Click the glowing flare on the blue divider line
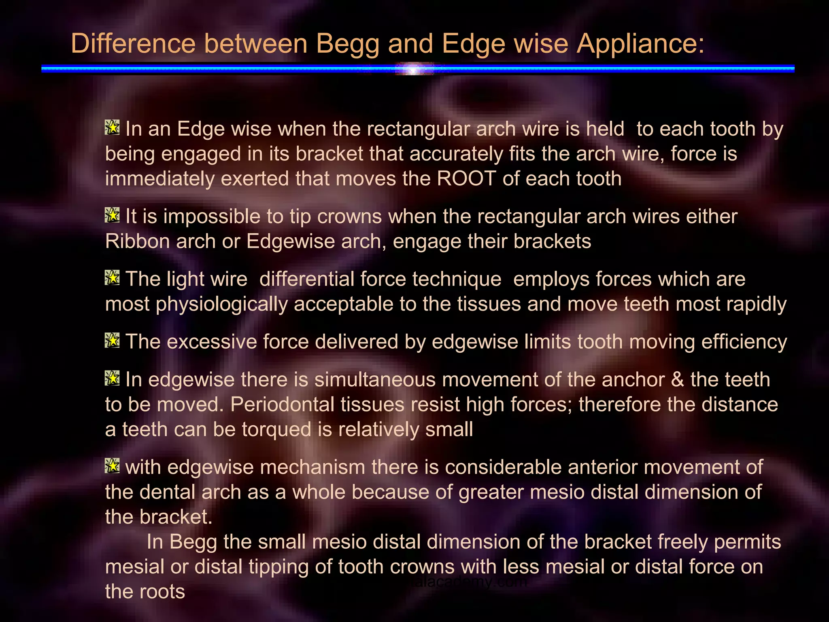413,70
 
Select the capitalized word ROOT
466,179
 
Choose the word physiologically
222,304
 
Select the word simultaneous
375,380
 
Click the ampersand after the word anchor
677,380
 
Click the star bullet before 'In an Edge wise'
112,128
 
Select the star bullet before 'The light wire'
112,278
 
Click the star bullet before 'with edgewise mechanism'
112,466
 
